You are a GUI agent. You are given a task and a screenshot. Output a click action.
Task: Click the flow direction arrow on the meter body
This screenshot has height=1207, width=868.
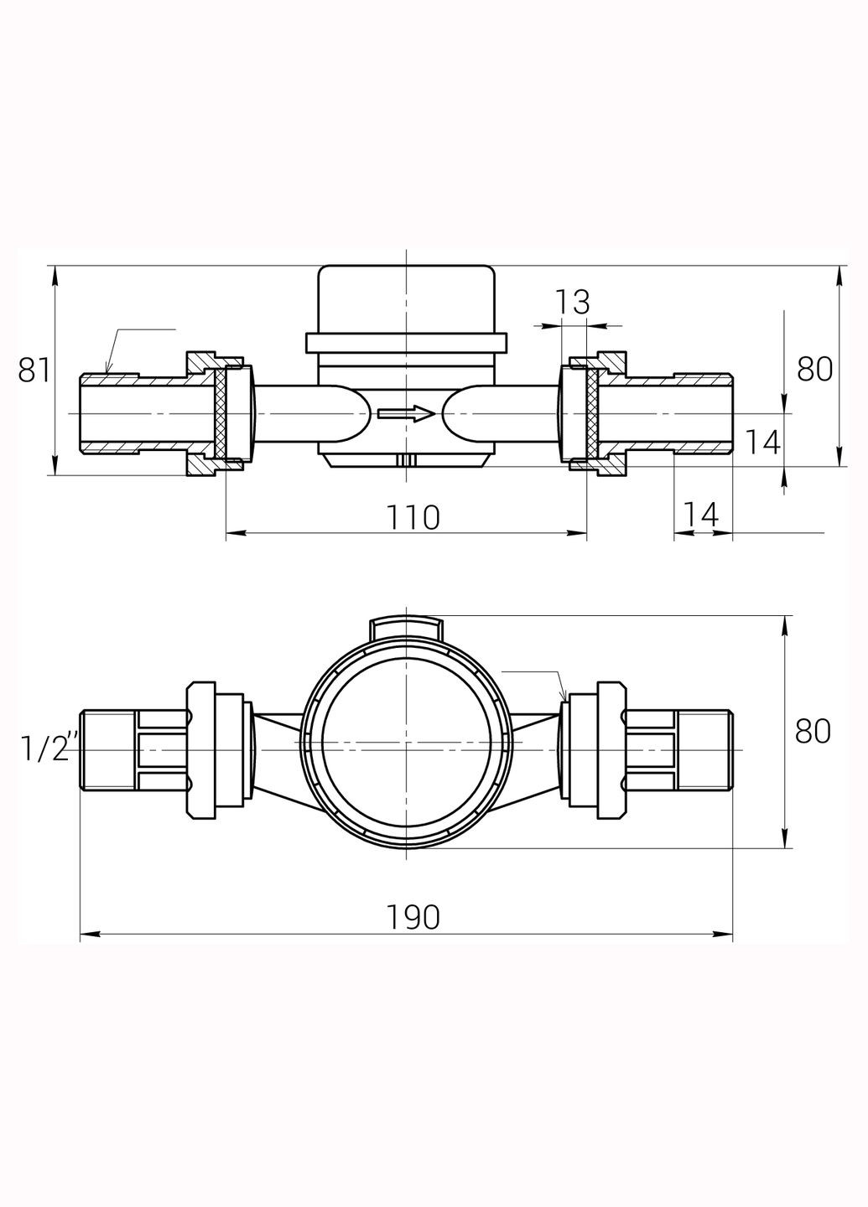pos(405,413)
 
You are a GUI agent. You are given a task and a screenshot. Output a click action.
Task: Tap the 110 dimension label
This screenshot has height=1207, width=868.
pos(413,517)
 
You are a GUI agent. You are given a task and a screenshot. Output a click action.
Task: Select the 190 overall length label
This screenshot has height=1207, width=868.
pos(413,918)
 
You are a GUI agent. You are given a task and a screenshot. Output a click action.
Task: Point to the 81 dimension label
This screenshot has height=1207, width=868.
pos(34,370)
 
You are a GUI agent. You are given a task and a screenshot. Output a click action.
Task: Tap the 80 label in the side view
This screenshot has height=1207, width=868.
pos(813,369)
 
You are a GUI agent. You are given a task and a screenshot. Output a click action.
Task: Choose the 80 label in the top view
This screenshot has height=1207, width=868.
pos(813,731)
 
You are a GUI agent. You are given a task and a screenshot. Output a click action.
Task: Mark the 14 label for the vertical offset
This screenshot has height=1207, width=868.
pos(762,443)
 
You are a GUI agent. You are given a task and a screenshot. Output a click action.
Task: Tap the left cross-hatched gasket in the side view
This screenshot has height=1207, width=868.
pos(221,413)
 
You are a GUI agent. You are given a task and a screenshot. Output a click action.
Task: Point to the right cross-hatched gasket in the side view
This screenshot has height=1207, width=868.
pos(590,413)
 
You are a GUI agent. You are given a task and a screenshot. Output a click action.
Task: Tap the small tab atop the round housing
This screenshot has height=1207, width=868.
pos(405,629)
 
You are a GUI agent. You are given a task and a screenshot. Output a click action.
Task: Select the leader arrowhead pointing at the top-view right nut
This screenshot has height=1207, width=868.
pos(564,697)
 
